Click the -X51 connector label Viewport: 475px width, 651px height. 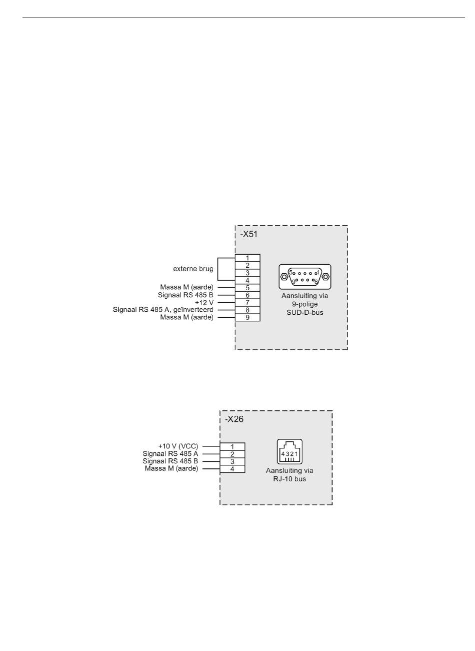[248, 234]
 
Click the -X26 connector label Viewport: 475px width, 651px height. [234, 419]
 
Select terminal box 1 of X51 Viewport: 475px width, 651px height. [247, 258]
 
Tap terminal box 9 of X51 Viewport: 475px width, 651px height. [247, 317]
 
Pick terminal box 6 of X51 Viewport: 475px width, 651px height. [247, 295]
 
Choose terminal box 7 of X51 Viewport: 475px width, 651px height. [247, 303]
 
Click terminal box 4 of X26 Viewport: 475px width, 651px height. [232, 469]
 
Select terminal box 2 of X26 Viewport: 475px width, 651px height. [232, 454]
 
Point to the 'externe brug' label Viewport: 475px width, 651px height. [193, 269]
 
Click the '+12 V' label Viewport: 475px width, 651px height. [204, 303]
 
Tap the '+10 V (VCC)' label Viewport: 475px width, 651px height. [178, 446]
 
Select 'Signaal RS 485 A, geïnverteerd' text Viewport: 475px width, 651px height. [163, 310]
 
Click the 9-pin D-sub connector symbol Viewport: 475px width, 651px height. [305, 277]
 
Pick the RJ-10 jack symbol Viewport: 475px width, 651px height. [289, 451]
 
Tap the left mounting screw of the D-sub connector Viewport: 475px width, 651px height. [283, 277]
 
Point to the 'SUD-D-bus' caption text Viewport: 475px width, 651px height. [305, 312]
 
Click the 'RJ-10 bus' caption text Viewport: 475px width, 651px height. [289, 479]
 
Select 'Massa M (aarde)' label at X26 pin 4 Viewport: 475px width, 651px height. [171, 468]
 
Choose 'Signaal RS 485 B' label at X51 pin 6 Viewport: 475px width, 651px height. [185, 295]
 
